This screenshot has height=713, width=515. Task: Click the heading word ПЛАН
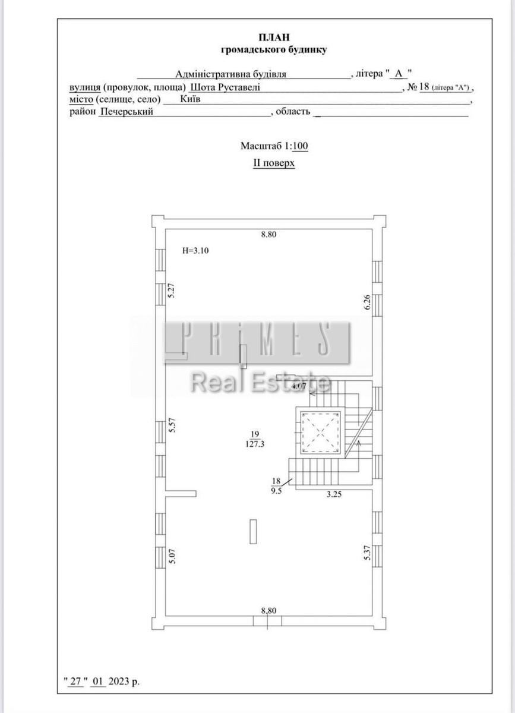pos(274,37)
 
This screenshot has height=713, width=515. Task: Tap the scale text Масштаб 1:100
pos(274,146)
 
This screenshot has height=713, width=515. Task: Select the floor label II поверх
pos(274,163)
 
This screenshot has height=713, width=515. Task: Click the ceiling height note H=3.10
pos(195,251)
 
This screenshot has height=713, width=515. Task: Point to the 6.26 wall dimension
pos(368,302)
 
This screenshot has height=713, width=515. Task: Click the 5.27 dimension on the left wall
pos(172,291)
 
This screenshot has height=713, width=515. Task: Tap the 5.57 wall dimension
pos(172,425)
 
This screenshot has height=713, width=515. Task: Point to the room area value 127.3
pos(255,444)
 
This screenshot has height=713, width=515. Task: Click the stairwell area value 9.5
pos(276,491)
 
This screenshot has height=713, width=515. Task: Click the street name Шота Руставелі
pos(225,87)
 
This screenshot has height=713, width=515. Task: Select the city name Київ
pos(190,99)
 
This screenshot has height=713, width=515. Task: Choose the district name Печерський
pos(127,112)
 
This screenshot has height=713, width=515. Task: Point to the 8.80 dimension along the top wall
pos(268,235)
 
